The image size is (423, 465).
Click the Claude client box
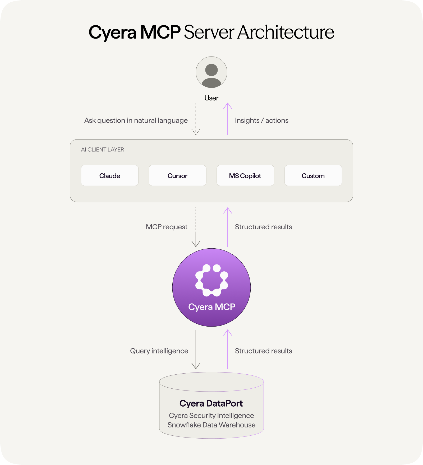110,176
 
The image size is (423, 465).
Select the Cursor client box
177,176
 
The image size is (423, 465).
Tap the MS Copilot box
245,176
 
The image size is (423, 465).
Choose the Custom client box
313,176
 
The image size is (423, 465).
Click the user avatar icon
212,72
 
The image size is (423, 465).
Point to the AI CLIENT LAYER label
103,150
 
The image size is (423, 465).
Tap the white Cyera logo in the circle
212,280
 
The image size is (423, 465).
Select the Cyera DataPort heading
211,403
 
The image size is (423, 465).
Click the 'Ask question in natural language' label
136,120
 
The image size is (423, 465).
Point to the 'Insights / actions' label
261,120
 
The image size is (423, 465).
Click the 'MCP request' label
167,227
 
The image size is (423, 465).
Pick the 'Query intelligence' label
159,351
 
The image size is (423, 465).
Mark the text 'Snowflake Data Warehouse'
212,425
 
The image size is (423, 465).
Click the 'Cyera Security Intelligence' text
212,416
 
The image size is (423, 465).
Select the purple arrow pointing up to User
228,119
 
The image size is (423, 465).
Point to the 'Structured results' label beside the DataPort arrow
263,351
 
